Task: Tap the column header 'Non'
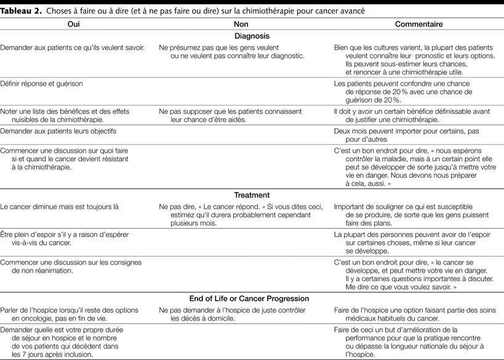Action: point(241,24)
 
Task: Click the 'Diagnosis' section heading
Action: point(252,36)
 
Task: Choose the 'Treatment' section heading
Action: point(252,195)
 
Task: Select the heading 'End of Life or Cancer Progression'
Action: point(252,298)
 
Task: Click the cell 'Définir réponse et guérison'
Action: point(42,83)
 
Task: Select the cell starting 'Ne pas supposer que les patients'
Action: point(231,115)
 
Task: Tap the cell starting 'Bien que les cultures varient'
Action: point(406,60)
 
